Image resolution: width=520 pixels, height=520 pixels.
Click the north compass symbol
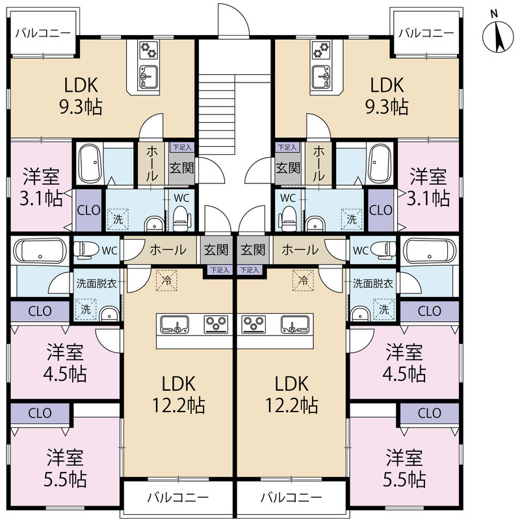[498, 36]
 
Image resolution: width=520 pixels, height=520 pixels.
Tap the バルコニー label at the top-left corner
[43, 33]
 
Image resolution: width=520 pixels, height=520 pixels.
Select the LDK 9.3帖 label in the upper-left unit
[81, 96]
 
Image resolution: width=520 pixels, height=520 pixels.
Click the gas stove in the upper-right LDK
[321, 49]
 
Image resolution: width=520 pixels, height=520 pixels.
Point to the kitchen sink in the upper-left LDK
[149, 77]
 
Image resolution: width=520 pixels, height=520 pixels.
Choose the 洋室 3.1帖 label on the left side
[41, 187]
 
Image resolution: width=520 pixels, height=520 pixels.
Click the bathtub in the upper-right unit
[380, 164]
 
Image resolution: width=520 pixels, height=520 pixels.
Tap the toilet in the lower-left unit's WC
[86, 249]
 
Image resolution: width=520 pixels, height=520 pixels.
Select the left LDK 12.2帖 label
[179, 394]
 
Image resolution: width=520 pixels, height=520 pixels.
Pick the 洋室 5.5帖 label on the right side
[404, 468]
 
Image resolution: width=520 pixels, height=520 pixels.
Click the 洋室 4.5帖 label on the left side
[65, 363]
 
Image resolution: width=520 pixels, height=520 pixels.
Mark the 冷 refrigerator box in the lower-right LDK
[303, 280]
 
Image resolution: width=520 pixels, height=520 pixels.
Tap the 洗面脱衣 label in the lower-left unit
[96, 283]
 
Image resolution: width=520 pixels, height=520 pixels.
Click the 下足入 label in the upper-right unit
[287, 147]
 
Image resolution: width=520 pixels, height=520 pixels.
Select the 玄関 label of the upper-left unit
[181, 168]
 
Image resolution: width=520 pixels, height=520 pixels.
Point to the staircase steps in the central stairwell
[217, 114]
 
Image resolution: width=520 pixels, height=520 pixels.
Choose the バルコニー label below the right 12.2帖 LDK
[291, 497]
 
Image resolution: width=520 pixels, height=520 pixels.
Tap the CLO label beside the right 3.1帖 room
[381, 210]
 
